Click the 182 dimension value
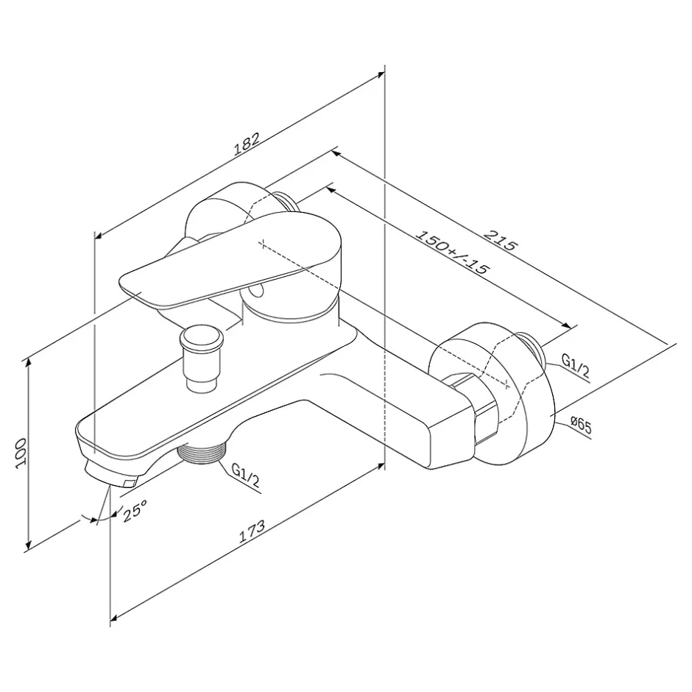(247, 144)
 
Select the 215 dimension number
(500, 239)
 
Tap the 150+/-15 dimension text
(452, 253)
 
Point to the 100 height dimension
(21, 453)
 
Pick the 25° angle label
(134, 511)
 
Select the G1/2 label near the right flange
(576, 366)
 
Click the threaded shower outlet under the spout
(201, 452)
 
